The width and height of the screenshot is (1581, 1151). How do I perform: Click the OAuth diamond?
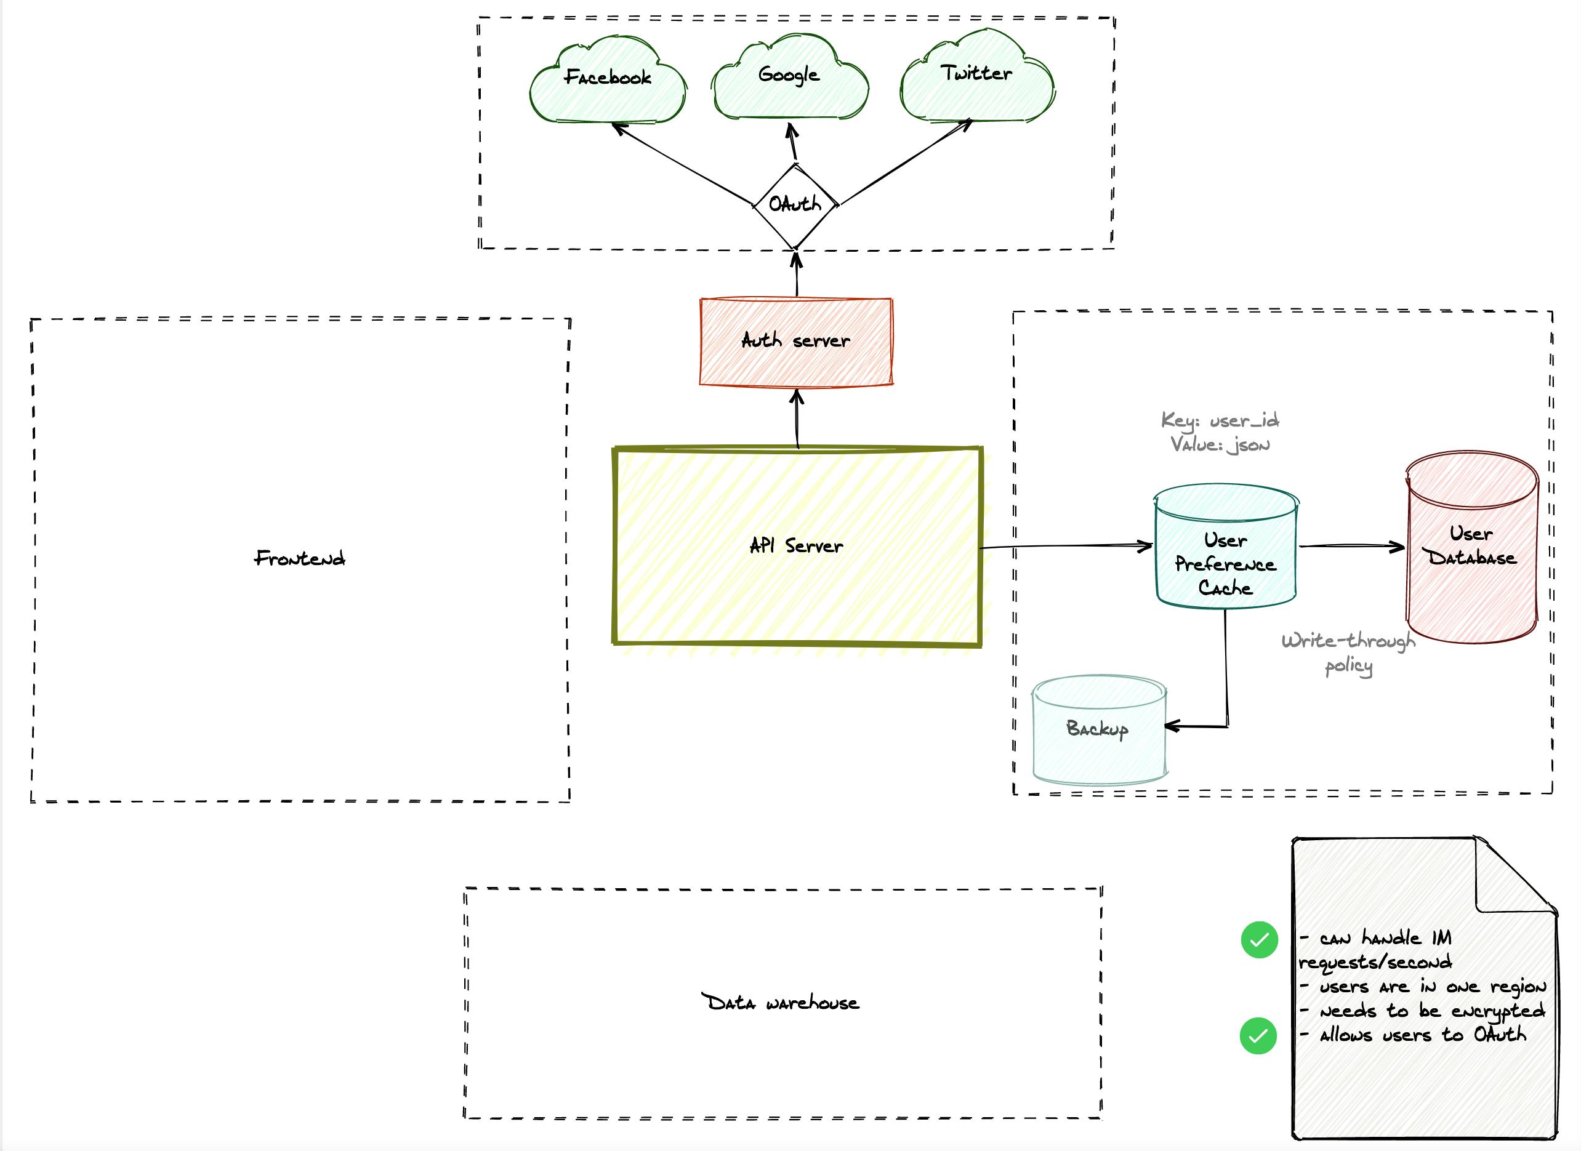tap(795, 205)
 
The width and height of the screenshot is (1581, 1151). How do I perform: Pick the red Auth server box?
tap(796, 342)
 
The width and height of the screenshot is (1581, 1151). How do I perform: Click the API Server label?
tap(796, 545)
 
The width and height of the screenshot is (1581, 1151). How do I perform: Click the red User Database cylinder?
tap(1471, 550)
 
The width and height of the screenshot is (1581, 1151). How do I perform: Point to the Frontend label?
tap(300, 558)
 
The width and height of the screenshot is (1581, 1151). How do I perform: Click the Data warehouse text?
tap(780, 1003)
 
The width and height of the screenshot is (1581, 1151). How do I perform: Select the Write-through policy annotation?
tap(1348, 653)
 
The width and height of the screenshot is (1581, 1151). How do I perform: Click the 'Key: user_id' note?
tap(1220, 420)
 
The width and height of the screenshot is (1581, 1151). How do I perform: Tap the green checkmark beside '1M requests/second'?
tap(1259, 940)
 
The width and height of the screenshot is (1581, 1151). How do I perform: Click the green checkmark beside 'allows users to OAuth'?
tap(1258, 1036)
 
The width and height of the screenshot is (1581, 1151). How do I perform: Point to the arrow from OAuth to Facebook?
tap(683, 165)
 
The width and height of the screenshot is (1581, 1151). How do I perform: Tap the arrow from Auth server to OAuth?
tap(797, 275)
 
